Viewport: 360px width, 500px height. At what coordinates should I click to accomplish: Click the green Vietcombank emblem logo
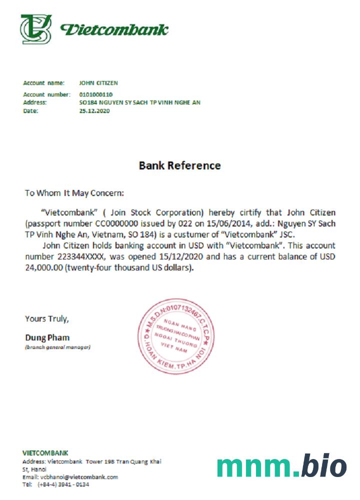[x=36, y=29]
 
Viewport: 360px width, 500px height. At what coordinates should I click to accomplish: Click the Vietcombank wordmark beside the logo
[x=114, y=29]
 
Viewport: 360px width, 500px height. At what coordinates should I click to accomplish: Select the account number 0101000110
[x=96, y=94]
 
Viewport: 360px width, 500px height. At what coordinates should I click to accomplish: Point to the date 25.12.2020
[x=94, y=111]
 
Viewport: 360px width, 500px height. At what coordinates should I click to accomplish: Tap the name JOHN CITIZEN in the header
[x=98, y=83]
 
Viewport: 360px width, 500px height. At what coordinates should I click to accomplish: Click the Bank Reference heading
[x=179, y=165]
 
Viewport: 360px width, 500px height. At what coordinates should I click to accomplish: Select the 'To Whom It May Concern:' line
[x=74, y=192]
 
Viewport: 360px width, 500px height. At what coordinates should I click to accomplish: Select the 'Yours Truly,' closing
[x=47, y=318]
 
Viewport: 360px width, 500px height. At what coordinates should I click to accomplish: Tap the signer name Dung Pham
[x=47, y=337]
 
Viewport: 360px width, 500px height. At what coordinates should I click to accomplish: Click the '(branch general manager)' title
[x=57, y=347]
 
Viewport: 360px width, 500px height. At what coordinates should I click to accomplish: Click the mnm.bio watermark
[x=281, y=466]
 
